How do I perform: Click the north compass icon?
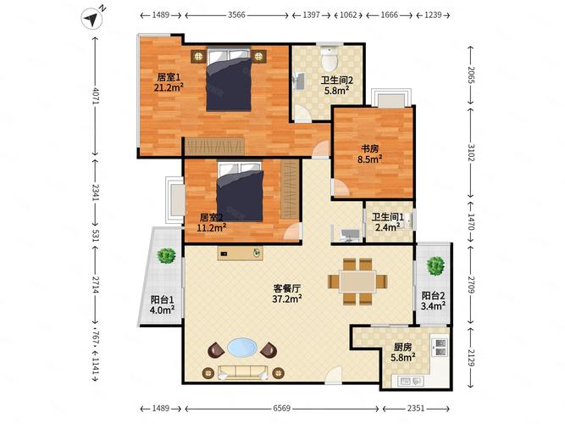point(91,20)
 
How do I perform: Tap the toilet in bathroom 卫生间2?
point(329,58)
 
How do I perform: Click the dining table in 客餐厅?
point(357,281)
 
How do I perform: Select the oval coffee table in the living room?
point(242,348)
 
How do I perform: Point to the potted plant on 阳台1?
point(166,255)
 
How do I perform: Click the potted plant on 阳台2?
point(435,266)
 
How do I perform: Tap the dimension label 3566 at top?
point(236,14)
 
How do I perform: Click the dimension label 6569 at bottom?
point(281,408)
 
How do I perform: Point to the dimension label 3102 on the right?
point(471,153)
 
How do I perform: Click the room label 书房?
point(370,148)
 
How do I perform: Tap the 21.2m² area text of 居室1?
point(169,87)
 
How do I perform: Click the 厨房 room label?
point(402,347)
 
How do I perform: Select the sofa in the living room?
point(242,372)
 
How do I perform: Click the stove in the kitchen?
point(440,347)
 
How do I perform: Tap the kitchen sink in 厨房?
point(410,381)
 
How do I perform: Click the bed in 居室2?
point(240,192)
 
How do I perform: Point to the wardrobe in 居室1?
point(215,147)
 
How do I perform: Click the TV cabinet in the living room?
point(240,253)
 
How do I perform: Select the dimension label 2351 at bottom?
point(415,408)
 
